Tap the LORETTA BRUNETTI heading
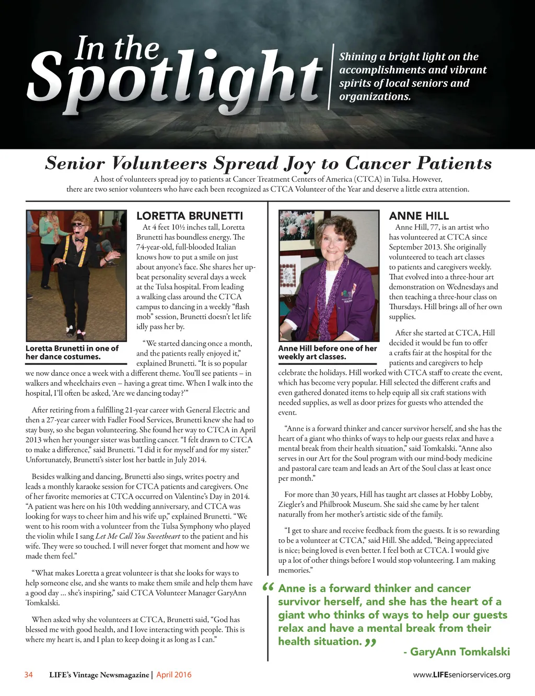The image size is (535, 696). pyautogui.click(x=190, y=216)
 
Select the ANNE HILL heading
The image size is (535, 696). pyautogui.click(x=418, y=216)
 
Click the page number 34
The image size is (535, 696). pyautogui.click(x=29, y=675)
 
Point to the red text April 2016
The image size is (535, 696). pyautogui.click(x=174, y=675)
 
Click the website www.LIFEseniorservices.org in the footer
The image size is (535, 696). pyautogui.click(x=461, y=675)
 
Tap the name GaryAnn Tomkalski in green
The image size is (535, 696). pyautogui.click(x=460, y=652)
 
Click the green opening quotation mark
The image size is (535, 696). pyautogui.click(x=269, y=587)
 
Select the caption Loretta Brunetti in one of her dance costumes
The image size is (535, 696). pyautogui.click(x=72, y=352)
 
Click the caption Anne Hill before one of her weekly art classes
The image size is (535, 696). pyautogui.click(x=328, y=352)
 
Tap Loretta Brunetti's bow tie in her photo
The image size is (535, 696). pyautogui.click(x=79, y=240)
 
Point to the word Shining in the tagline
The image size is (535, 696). pyautogui.click(x=358, y=56)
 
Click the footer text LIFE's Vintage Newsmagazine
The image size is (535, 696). pyautogui.click(x=99, y=675)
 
